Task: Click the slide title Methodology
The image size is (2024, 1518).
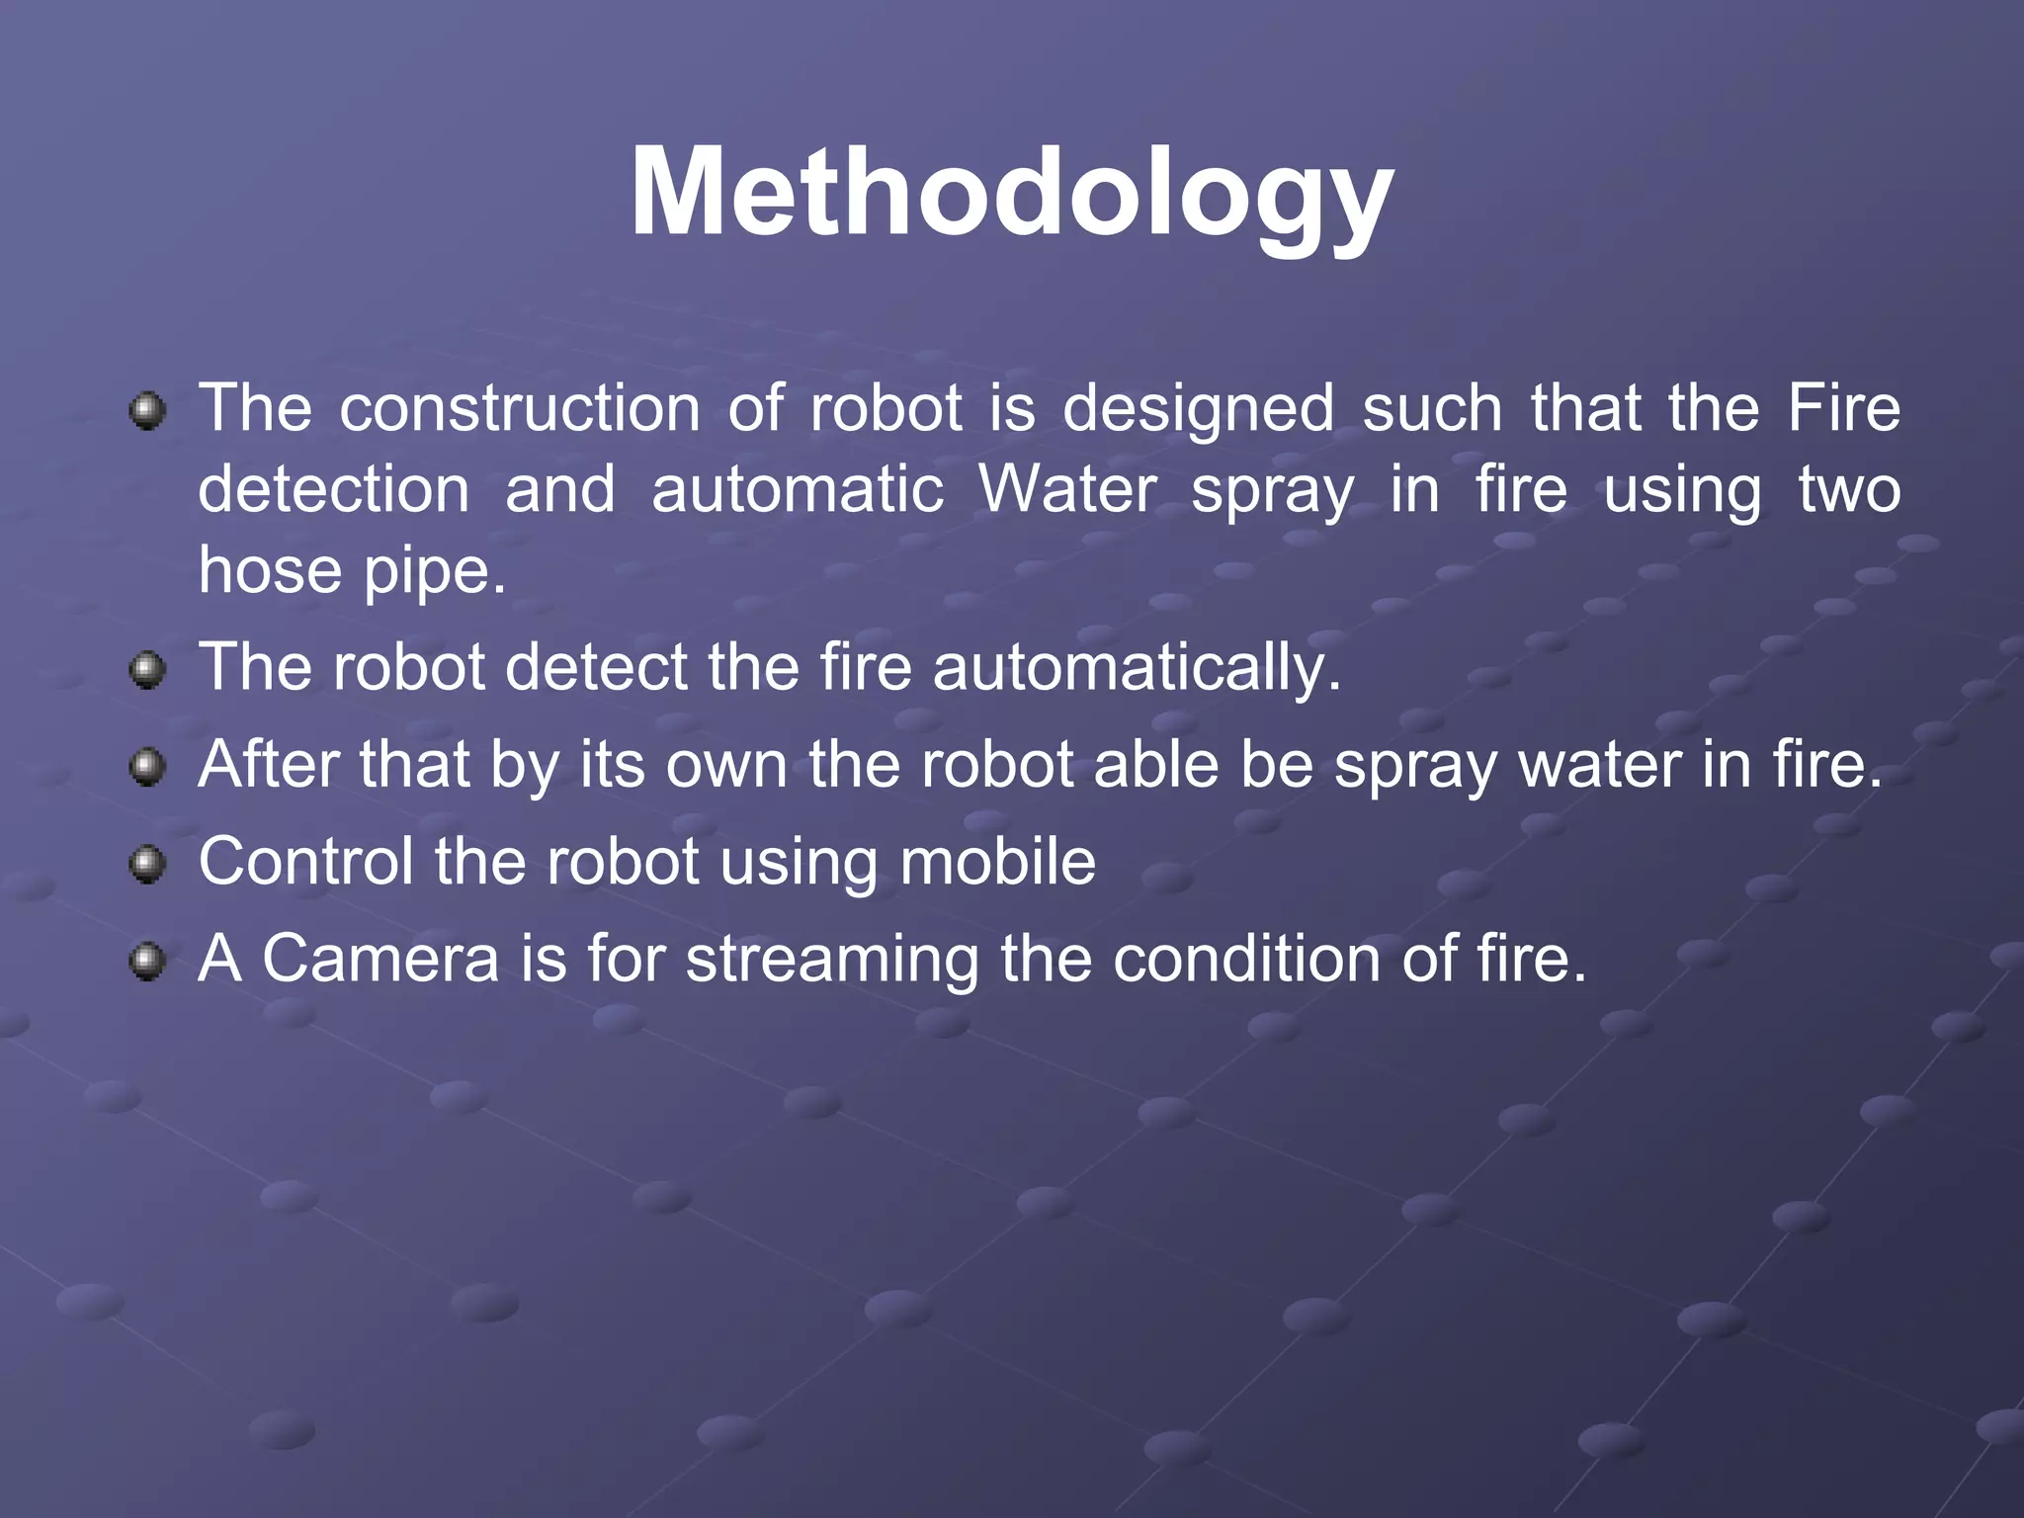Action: pyautogui.click(x=1011, y=193)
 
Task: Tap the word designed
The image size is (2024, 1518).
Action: pyautogui.click(x=1198, y=410)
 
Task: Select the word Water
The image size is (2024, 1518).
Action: pyautogui.click(x=1067, y=490)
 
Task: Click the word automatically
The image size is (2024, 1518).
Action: pyautogui.click(x=1137, y=667)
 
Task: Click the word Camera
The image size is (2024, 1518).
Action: pyautogui.click(x=380, y=958)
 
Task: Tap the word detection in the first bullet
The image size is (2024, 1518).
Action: pyautogui.click(x=334, y=490)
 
